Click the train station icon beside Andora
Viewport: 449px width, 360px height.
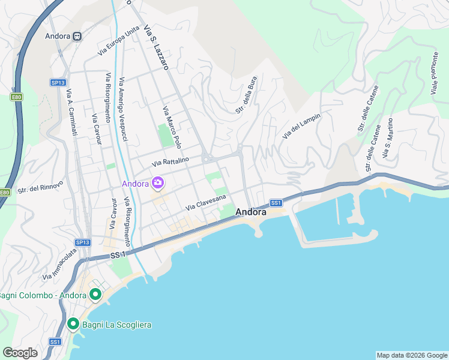(x=77, y=36)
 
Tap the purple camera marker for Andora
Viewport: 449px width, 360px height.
(x=158, y=182)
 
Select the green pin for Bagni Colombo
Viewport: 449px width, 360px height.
(x=95, y=295)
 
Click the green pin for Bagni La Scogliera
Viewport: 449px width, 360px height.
(x=73, y=325)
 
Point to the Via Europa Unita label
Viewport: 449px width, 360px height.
(x=119, y=41)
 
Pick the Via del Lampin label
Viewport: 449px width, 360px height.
(x=301, y=126)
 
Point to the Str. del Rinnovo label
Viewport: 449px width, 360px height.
(x=37, y=188)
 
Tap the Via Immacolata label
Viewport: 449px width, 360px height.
(x=60, y=265)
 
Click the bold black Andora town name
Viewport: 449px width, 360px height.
(x=251, y=212)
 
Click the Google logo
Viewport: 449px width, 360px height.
(x=20, y=353)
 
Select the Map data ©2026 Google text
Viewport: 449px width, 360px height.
(x=412, y=355)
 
